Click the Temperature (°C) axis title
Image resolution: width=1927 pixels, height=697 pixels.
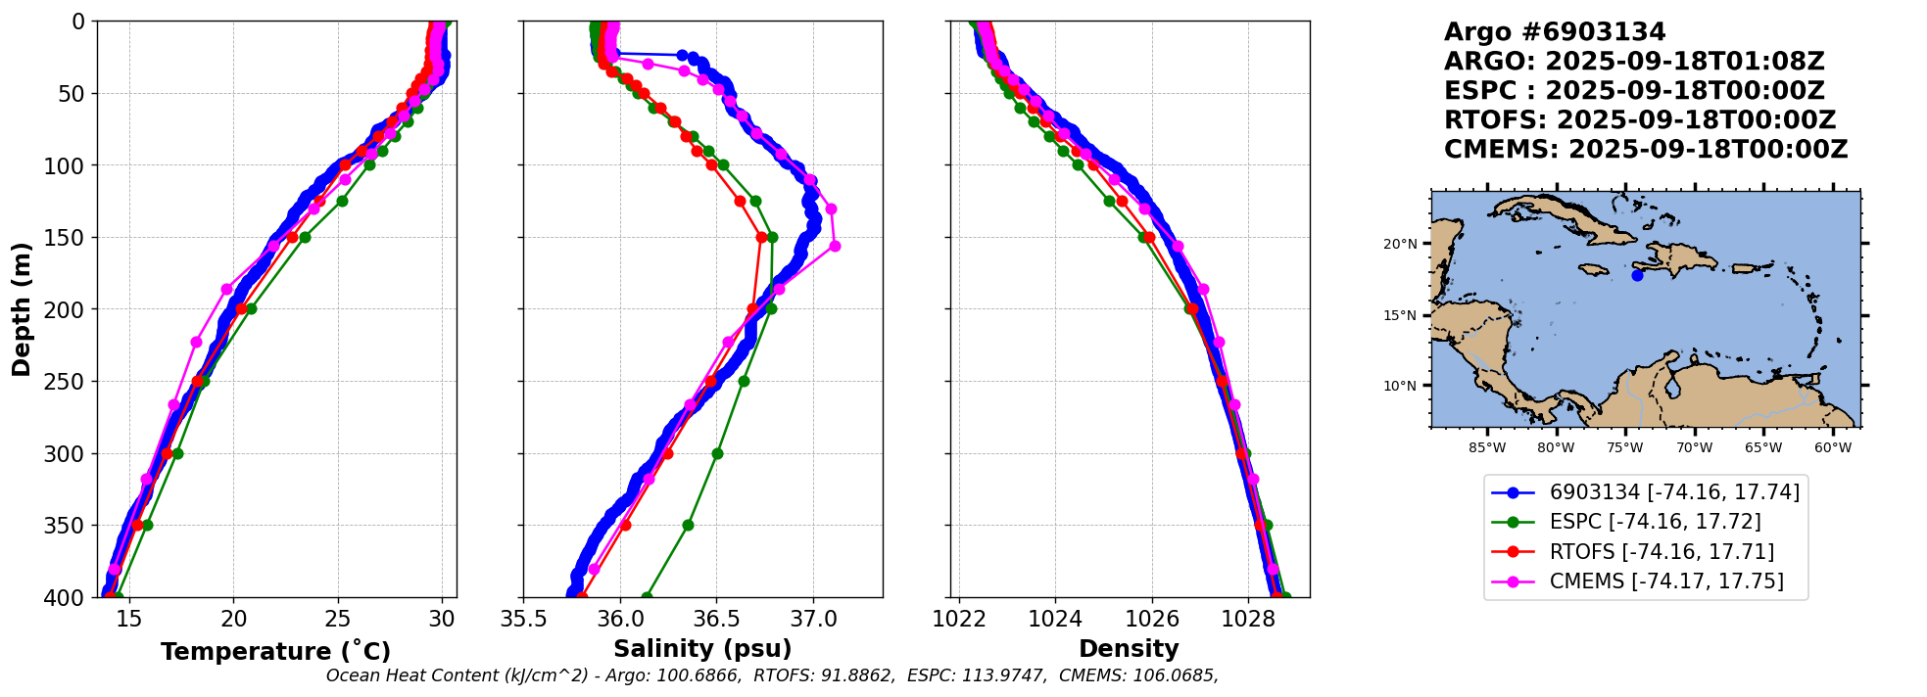(x=275, y=651)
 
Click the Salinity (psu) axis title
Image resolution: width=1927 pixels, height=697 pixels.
(x=702, y=649)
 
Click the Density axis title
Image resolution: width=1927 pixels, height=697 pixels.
(x=1129, y=649)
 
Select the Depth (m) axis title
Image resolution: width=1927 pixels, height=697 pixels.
(x=21, y=309)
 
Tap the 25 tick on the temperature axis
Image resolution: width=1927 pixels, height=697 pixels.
(x=338, y=619)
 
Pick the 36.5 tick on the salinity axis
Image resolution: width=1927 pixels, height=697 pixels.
(x=715, y=619)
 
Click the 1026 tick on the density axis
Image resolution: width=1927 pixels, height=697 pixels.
(x=1152, y=619)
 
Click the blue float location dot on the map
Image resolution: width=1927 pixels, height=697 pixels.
(x=1637, y=276)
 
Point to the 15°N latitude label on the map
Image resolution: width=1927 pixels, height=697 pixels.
(x=1400, y=315)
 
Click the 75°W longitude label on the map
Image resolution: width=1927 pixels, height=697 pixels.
(x=1624, y=448)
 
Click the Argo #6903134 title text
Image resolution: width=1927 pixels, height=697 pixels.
(x=1554, y=32)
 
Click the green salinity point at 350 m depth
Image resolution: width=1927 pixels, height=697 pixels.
(x=688, y=525)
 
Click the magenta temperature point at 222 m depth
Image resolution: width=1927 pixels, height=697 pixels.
(x=196, y=342)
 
